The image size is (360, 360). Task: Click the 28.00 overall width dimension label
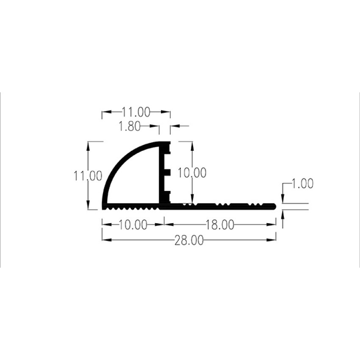(189, 241)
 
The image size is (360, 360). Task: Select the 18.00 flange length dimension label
(220, 225)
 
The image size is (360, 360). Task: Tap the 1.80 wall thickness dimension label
(130, 127)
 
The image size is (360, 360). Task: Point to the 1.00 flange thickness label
(302, 184)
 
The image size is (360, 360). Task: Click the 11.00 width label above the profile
(136, 112)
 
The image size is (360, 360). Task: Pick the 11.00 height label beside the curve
(88, 176)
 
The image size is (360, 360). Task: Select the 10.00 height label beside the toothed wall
(192, 173)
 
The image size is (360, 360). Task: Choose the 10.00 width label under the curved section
(133, 225)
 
